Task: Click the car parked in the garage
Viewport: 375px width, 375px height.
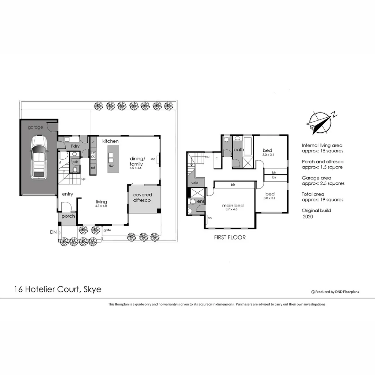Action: (x=39, y=158)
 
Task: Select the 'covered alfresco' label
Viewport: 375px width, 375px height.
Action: (x=142, y=198)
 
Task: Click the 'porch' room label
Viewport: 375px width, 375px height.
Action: (x=68, y=216)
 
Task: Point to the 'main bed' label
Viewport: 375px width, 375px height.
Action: (x=233, y=206)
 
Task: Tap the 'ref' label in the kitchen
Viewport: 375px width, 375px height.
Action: (x=93, y=168)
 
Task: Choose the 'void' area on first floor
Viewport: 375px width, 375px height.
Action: (x=194, y=182)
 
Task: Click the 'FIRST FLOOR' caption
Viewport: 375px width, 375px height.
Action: (x=230, y=237)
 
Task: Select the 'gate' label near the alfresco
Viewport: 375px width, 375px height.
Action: (x=107, y=230)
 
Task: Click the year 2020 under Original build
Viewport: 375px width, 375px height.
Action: (x=308, y=217)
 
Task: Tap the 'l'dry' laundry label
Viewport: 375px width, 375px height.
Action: (x=75, y=147)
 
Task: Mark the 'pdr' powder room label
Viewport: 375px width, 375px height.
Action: (x=75, y=162)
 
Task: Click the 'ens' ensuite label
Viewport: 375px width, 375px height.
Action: (x=201, y=201)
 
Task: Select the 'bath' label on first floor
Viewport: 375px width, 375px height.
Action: (x=239, y=150)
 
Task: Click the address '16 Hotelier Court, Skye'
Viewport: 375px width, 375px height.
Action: (x=58, y=289)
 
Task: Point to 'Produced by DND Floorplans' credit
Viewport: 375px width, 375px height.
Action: (x=335, y=292)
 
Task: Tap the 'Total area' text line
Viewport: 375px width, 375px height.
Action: (x=313, y=194)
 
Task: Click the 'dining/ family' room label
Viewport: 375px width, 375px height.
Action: (x=136, y=161)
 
